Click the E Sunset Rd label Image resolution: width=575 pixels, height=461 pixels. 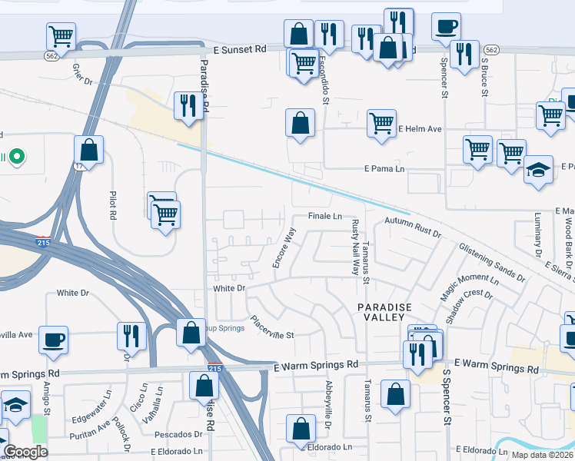tap(240, 48)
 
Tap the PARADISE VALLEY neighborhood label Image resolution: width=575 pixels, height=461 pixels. tap(384, 312)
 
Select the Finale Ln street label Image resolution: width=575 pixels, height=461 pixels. tap(325, 217)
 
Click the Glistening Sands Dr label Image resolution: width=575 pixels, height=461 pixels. tap(492, 262)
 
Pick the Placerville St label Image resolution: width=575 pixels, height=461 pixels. tap(272, 327)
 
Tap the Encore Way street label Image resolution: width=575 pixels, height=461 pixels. tap(284, 248)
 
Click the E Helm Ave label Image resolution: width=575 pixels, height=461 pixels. tap(420, 129)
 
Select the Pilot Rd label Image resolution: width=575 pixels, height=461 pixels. tap(113, 205)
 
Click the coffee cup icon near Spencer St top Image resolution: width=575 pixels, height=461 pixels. tap(446, 26)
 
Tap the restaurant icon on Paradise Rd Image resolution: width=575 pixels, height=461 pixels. tap(188, 104)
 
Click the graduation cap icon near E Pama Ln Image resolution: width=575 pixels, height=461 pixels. tap(539, 169)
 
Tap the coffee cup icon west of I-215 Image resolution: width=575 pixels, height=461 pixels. tap(53, 340)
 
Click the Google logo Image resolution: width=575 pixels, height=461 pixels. tap(26, 452)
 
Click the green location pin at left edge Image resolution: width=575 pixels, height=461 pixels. tap(15, 158)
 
